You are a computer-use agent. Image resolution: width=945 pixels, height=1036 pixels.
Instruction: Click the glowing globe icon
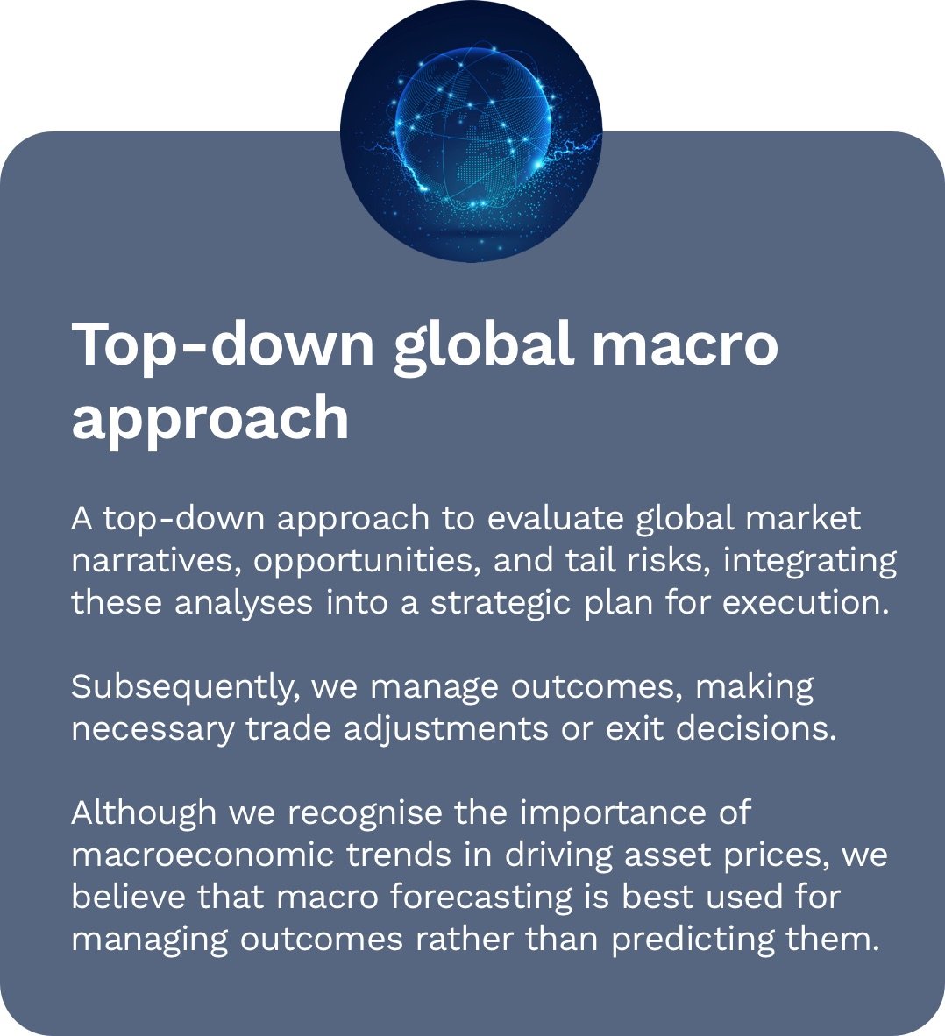(x=471, y=131)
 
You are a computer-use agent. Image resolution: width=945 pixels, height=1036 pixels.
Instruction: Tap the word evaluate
(x=555, y=518)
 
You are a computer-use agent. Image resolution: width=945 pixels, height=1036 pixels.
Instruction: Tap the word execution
(x=806, y=602)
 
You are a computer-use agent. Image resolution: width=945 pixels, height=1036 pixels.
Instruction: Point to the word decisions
(x=757, y=728)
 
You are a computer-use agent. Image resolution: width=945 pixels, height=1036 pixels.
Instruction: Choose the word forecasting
(x=480, y=898)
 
